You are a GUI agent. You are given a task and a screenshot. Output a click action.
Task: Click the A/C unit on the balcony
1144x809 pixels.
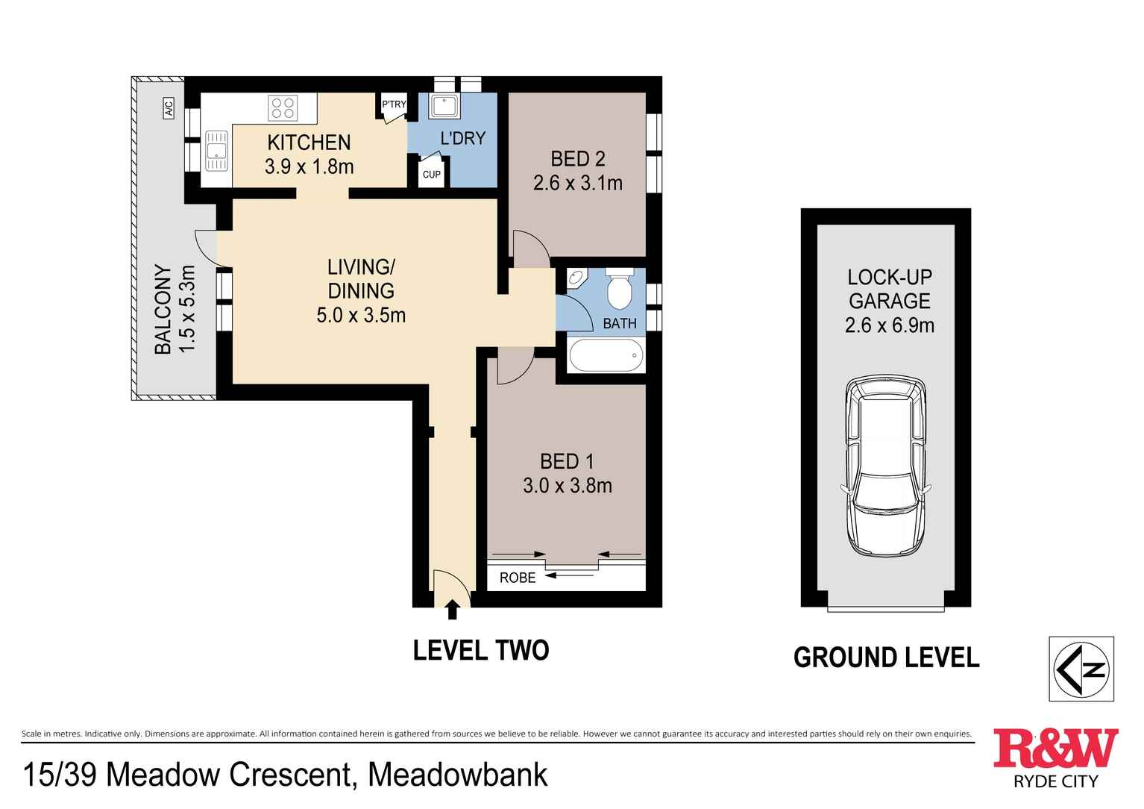pos(169,107)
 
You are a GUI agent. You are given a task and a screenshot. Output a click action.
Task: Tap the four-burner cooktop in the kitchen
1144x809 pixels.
pos(283,108)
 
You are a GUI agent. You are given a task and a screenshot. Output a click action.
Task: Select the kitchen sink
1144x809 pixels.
pos(216,151)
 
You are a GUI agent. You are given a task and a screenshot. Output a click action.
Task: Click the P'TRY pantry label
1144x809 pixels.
pos(394,104)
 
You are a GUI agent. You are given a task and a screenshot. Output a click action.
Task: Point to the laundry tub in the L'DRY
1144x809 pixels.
pos(444,106)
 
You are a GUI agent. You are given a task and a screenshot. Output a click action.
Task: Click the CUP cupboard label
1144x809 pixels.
pos(432,175)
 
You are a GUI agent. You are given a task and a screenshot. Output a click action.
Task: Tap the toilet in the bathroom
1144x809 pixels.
pos(620,288)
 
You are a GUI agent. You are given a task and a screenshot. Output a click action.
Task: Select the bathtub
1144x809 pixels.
pos(606,355)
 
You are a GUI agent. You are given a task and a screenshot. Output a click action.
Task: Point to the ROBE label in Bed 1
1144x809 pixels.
pos(518,578)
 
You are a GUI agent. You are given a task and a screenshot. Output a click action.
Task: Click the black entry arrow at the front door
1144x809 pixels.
pos(452,610)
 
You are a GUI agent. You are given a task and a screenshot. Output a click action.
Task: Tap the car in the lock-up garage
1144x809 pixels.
pos(885,466)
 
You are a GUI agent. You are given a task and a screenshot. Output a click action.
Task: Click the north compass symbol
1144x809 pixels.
pos(1081,669)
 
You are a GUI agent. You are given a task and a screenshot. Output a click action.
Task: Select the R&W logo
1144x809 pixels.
pos(1056,758)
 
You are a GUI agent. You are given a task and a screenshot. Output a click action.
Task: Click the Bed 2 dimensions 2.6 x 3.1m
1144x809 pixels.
pos(578,183)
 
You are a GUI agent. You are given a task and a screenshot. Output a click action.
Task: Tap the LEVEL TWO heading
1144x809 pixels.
pos(480,651)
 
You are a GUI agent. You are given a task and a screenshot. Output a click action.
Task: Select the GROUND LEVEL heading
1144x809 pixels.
pos(886,657)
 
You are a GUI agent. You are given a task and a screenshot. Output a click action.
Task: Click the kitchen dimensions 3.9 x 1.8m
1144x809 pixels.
pos(309,166)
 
